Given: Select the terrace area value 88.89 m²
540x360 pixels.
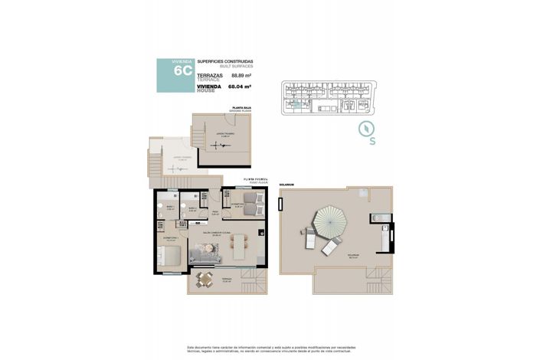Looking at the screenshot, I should pos(242,76).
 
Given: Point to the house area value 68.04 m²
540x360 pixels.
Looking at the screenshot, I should pos(242,87).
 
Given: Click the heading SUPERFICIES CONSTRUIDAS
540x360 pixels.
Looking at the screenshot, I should pos(224,61).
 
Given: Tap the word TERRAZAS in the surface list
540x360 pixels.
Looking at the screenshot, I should pos(210,74).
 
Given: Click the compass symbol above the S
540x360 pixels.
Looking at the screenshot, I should pos(368,128).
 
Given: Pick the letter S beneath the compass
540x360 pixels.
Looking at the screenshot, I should pos(371,142).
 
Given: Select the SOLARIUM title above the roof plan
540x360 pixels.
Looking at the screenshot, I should pos(286,184).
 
